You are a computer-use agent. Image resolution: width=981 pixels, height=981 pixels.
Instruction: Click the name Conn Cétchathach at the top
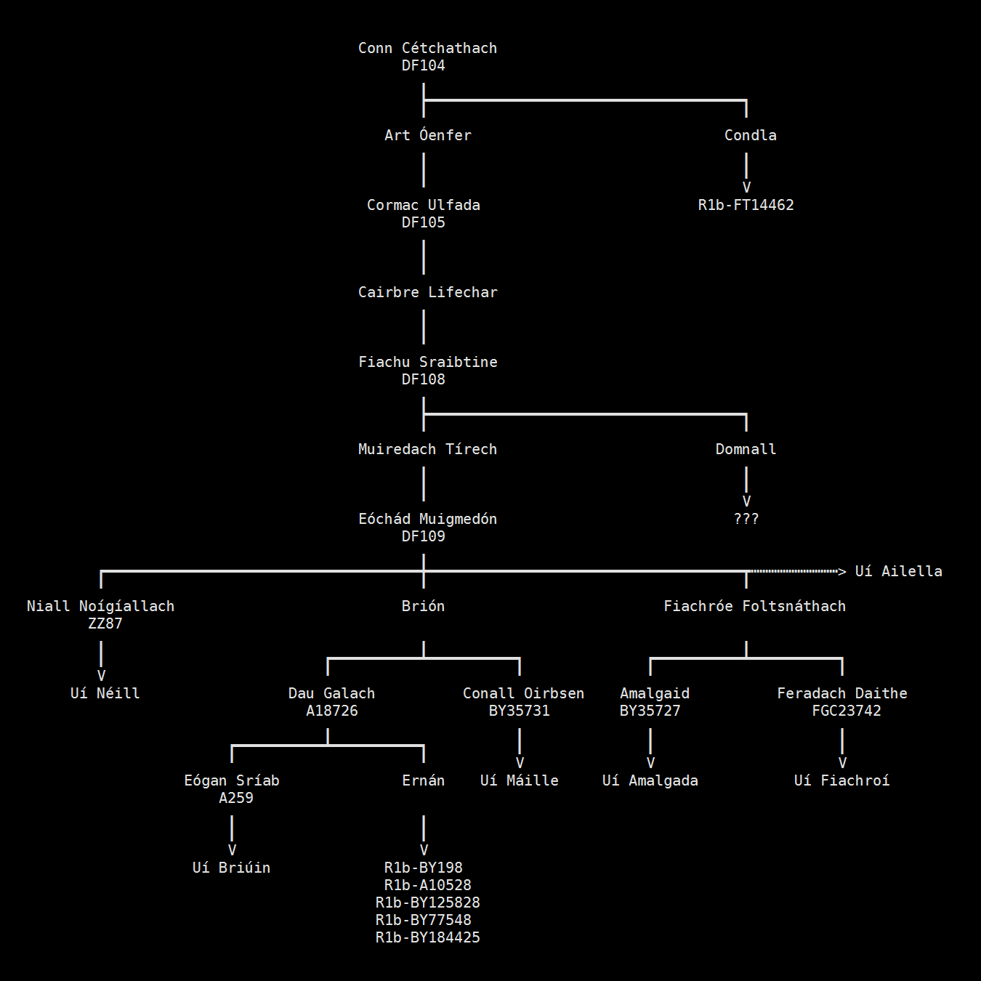(x=427, y=48)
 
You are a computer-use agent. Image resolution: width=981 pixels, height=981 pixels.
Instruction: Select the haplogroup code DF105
(x=423, y=222)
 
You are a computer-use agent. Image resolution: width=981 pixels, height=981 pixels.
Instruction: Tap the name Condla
(x=750, y=135)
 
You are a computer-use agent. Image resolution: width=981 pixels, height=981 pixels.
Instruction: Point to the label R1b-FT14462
(x=746, y=205)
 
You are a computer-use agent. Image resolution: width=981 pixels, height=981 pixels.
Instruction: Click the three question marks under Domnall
(x=746, y=519)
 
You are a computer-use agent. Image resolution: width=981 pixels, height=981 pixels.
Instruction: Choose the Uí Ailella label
(x=898, y=571)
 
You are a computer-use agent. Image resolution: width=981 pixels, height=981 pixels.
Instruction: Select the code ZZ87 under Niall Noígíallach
(x=105, y=623)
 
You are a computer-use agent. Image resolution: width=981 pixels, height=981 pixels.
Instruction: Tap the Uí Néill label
(x=105, y=693)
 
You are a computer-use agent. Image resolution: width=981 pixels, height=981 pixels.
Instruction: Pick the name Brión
(x=423, y=606)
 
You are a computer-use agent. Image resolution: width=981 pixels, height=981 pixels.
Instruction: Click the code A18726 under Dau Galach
(x=331, y=711)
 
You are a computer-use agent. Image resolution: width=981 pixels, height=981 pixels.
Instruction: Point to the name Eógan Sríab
(x=231, y=780)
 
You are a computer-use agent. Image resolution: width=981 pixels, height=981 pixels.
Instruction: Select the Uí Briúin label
(x=231, y=868)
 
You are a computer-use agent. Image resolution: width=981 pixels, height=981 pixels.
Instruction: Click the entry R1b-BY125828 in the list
(x=427, y=903)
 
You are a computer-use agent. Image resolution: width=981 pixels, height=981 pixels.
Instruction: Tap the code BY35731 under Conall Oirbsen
(x=519, y=711)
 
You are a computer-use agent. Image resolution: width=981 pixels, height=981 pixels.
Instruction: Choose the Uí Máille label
(x=519, y=780)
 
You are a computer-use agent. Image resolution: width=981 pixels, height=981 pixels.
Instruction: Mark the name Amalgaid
(x=654, y=693)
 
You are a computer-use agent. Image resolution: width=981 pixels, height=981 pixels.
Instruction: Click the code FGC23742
(x=846, y=711)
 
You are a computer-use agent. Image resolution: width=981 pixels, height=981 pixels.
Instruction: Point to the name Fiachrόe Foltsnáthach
(x=754, y=606)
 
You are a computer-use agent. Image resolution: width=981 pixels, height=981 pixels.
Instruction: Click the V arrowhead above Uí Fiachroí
(x=842, y=763)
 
